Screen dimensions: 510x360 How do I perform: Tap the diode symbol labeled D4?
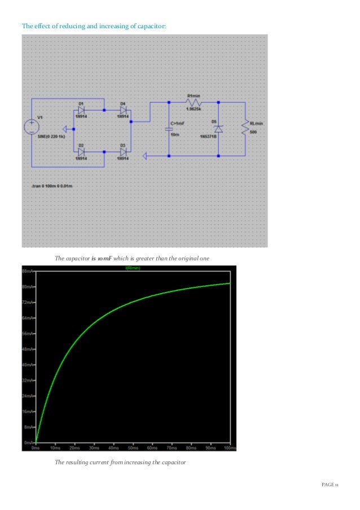(122, 110)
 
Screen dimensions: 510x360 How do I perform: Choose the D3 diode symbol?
(122, 152)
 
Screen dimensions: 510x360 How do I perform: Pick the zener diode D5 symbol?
(218, 129)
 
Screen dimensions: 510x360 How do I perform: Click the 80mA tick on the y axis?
(28, 287)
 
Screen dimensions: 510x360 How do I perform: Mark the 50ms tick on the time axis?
(133, 447)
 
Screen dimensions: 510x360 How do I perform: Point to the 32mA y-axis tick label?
(28, 380)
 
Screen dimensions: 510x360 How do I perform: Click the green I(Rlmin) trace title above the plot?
(133, 268)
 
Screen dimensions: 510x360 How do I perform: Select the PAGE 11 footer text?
(330, 485)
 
